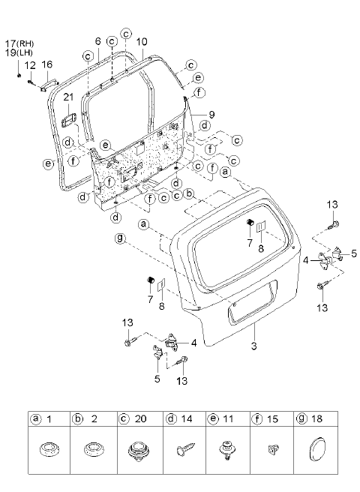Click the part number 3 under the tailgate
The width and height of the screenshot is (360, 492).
[253, 346]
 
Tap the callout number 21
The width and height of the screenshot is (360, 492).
[68, 97]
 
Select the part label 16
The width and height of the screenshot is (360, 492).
[47, 64]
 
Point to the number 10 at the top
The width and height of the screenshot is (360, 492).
[142, 42]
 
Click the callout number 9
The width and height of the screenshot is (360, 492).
[211, 115]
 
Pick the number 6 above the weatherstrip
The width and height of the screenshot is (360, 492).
[98, 41]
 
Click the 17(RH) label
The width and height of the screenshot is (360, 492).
[19, 43]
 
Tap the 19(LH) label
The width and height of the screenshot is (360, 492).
[19, 52]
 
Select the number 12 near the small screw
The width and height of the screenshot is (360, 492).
[30, 65]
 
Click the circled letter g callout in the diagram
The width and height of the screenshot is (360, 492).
[120, 238]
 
